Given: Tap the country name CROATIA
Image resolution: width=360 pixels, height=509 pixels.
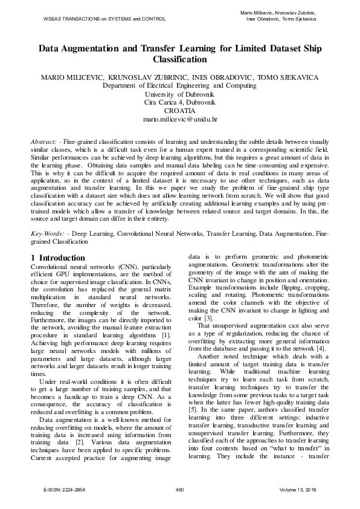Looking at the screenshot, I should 179,111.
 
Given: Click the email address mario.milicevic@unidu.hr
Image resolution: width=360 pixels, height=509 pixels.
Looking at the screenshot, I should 179,120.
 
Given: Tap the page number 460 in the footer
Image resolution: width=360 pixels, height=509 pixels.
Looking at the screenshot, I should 179,488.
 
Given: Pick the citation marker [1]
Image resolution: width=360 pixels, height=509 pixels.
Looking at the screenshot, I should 165,335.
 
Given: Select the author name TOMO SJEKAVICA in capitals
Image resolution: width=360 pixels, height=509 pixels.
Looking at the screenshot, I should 296,77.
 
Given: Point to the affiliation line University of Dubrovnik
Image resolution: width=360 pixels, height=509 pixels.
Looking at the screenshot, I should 179,94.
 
